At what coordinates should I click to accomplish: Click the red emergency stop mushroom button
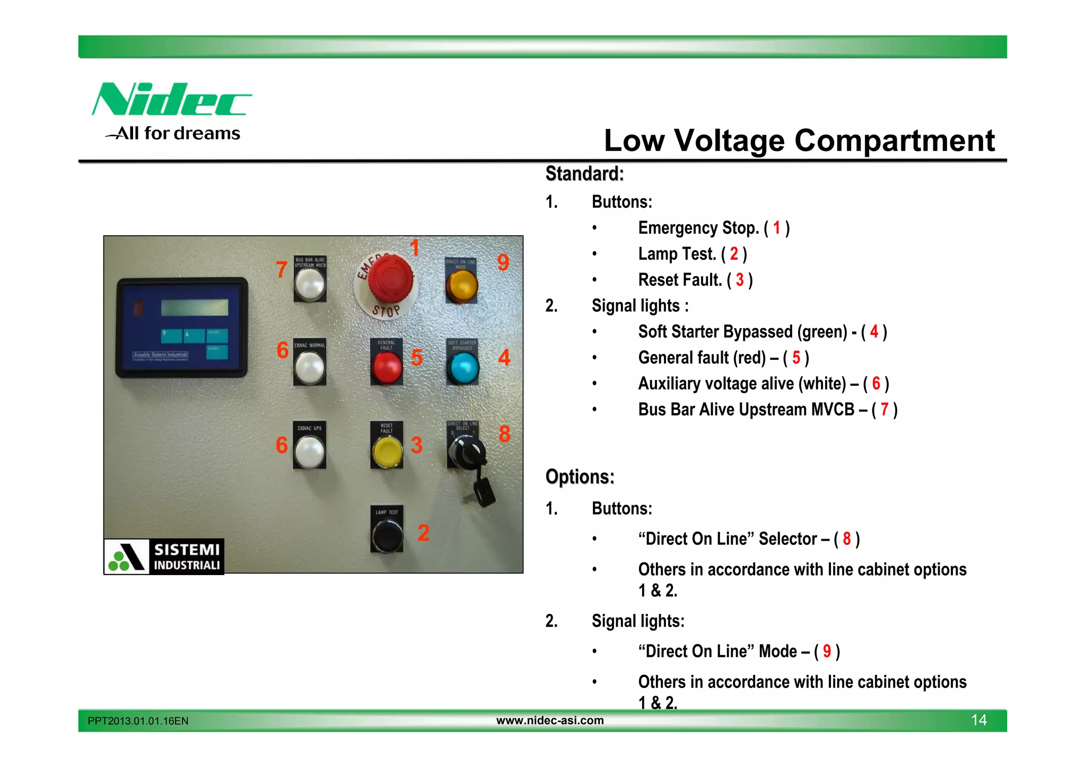click(x=390, y=277)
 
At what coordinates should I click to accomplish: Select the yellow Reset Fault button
click(x=387, y=452)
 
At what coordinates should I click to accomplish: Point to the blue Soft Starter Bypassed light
click(x=463, y=367)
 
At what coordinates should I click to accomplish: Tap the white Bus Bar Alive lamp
click(x=310, y=284)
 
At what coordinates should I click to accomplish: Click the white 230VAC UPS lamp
click(x=310, y=452)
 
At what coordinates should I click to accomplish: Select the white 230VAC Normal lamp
click(x=310, y=367)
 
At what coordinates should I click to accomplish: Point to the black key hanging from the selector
click(x=484, y=491)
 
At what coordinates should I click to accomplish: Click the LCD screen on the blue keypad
click(x=195, y=307)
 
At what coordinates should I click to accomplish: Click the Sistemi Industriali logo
click(x=164, y=557)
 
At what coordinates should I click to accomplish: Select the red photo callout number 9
click(x=503, y=262)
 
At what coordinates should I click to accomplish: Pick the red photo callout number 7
click(x=282, y=270)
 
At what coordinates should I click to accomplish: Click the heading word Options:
click(x=580, y=477)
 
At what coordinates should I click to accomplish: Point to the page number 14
click(x=978, y=720)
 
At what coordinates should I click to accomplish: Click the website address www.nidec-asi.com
click(x=550, y=720)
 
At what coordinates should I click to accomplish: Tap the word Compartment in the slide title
click(x=894, y=141)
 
